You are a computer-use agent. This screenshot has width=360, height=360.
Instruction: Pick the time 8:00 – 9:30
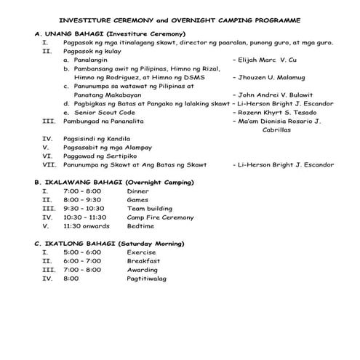[83, 199]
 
